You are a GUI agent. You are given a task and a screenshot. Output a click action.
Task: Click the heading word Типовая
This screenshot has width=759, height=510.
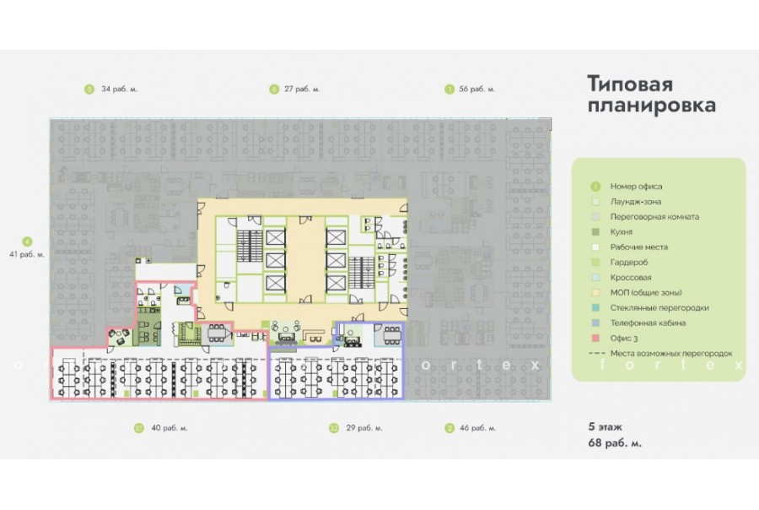[630, 84]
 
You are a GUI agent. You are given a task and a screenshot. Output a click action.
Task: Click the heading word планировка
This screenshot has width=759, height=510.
[652, 106]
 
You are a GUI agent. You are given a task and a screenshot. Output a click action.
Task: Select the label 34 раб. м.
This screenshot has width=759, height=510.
[119, 90]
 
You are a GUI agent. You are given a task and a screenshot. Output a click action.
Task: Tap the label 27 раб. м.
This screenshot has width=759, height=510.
[302, 90]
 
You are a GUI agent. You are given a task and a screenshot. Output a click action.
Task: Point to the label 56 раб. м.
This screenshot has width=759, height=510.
[476, 90]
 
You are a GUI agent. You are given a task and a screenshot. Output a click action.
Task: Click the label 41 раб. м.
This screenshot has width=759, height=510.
[27, 254]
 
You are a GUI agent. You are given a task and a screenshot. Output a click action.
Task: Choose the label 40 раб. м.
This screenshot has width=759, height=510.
[170, 428]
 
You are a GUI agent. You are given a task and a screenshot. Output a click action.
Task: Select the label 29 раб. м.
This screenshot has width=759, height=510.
[364, 428]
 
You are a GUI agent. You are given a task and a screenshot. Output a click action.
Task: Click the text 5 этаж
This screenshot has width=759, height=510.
[605, 427]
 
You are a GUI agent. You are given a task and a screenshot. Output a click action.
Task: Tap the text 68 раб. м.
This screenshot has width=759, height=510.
[615, 443]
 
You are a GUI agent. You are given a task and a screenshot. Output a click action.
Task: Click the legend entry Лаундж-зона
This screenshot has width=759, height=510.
[636, 202]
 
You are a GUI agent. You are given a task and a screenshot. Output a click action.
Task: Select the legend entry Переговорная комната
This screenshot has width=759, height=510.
[654, 217]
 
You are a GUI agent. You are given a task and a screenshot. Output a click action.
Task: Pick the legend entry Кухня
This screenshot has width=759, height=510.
[621, 232]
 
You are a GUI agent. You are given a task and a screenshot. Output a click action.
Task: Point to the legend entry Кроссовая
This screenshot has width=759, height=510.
[631, 278]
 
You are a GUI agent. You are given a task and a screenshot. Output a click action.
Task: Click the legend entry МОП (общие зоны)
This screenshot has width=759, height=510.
[646, 293]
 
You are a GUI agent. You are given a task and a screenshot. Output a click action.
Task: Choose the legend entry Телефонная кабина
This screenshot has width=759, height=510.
[648, 323]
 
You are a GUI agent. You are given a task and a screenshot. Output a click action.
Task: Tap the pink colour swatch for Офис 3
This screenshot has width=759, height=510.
[595, 339]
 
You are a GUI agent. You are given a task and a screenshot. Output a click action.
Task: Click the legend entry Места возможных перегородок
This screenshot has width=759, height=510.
[671, 354]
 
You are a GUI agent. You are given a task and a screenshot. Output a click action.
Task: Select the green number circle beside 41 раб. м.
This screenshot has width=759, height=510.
[27, 241]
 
